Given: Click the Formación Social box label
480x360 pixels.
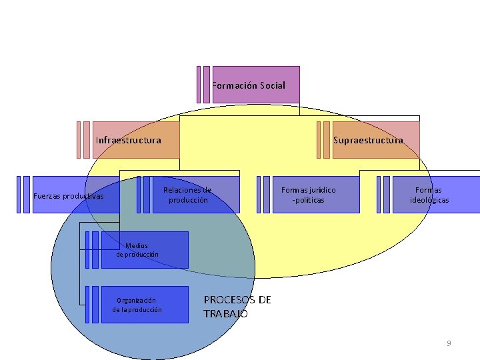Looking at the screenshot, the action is click(x=249, y=85).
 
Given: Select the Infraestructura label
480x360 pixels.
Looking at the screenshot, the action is click(x=129, y=140).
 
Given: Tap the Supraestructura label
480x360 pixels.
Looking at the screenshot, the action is click(x=368, y=140).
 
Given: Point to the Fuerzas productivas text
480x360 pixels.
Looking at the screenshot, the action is click(x=69, y=196).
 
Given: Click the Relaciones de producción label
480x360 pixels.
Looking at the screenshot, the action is click(x=187, y=195).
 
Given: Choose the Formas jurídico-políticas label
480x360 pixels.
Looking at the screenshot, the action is click(x=309, y=195).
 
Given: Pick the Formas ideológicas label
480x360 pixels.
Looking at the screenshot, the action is click(x=429, y=195).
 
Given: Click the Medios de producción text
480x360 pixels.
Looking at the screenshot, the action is click(x=137, y=250).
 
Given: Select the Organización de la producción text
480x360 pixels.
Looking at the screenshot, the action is click(x=137, y=305).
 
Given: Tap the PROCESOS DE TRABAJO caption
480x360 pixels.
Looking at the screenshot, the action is click(x=237, y=307).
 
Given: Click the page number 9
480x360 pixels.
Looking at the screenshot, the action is click(x=449, y=343).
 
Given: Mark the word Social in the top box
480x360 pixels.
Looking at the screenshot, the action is click(x=271, y=85).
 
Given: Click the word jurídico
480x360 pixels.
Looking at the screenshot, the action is click(x=321, y=190).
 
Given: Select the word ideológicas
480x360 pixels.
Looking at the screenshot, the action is click(x=429, y=200).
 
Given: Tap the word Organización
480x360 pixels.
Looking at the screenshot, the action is click(x=136, y=300).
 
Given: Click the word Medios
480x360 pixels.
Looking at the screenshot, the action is click(x=137, y=246).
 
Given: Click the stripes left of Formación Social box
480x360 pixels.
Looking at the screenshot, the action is click(x=203, y=85).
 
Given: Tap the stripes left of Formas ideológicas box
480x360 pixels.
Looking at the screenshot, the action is click(x=383, y=194).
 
